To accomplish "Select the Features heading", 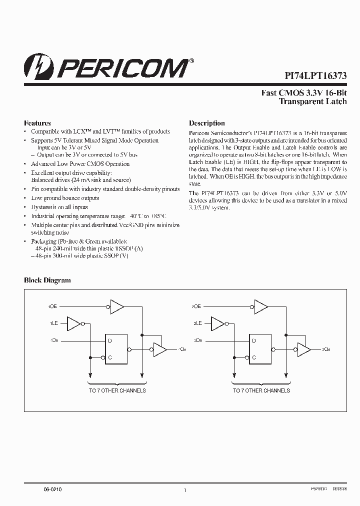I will point(37,123).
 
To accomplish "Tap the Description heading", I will point(207,123).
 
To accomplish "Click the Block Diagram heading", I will point(47,280).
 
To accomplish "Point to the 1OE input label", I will point(52,306).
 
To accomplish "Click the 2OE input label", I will point(196,306).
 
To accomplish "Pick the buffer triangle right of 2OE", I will point(260,306).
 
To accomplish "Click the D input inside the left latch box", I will point(109,340).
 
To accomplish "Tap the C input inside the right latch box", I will point(253,357).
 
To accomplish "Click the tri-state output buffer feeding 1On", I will point(159,349).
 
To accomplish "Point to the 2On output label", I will point(325,349).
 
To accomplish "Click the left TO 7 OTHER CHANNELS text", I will point(117,390).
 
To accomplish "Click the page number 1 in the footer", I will point(185,490).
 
